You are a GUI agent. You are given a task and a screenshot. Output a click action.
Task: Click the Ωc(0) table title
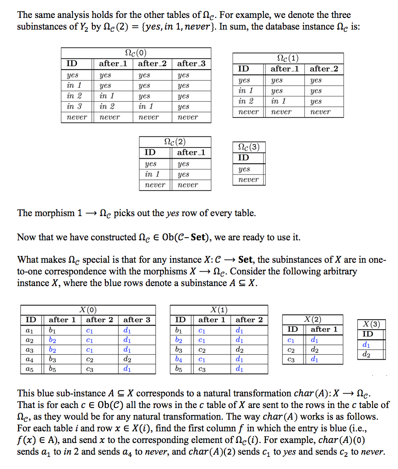pos(134,53)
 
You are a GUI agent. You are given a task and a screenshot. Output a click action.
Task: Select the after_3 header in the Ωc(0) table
pos(191,64)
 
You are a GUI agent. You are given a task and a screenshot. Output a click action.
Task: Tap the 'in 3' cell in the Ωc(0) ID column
pos(74,107)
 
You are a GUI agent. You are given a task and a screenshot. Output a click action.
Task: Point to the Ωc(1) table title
pos(288,58)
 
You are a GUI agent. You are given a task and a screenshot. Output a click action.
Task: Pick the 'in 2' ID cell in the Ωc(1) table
pos(245,101)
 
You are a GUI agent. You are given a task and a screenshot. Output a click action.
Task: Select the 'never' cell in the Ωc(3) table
pos(248,180)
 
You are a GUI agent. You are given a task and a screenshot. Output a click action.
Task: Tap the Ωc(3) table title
pos(248,147)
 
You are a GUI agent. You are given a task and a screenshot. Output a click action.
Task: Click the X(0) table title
pos(88,309)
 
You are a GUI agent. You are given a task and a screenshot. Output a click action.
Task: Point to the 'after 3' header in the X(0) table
pos(137,320)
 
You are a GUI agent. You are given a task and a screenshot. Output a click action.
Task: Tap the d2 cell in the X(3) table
pos(366,355)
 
